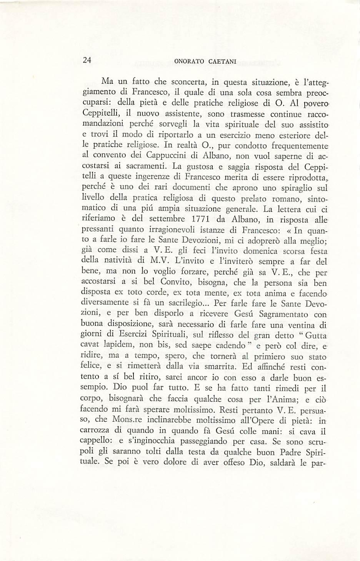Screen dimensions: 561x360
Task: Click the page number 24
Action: tap(87, 60)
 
